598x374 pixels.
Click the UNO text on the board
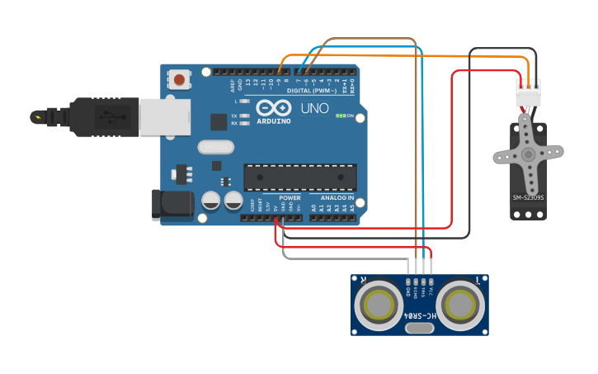[x=314, y=108]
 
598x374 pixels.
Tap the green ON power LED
[x=340, y=116]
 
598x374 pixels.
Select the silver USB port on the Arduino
[x=165, y=117]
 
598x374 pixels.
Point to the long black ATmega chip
[x=300, y=177]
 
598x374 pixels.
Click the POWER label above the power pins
[x=290, y=198]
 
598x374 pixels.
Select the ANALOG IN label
[x=337, y=198]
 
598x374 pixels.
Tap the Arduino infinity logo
[x=273, y=108]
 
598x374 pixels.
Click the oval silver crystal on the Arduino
[x=216, y=147]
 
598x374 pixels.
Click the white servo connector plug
[x=529, y=94]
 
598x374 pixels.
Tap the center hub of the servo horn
[x=528, y=154]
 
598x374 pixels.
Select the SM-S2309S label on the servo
[x=528, y=197]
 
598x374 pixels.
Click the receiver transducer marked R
[x=379, y=305]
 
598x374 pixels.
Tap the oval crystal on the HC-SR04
[x=420, y=329]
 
